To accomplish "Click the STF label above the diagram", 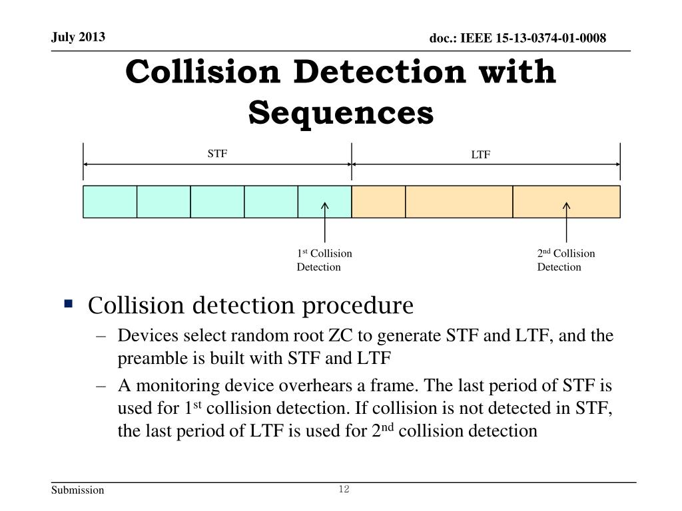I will tap(217, 154).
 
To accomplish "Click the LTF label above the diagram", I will tap(481, 155).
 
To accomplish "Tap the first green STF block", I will tap(110, 202).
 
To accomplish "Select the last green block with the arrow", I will tap(324, 202).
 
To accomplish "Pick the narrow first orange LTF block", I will tap(378, 202).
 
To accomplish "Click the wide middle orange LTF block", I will tap(459, 202).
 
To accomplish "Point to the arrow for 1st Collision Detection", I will tap(325, 223).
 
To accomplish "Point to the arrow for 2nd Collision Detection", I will tap(567, 223).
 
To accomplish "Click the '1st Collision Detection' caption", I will tap(324, 260).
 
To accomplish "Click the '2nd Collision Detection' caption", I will tap(566, 260).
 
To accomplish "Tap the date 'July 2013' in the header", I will tap(79, 37).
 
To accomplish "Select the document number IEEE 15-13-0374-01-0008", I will tap(517, 39).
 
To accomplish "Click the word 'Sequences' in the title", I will tap(341, 112).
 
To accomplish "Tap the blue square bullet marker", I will tap(68, 305).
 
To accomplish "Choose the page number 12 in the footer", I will tap(344, 490).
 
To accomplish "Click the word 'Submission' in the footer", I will tap(78, 490).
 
